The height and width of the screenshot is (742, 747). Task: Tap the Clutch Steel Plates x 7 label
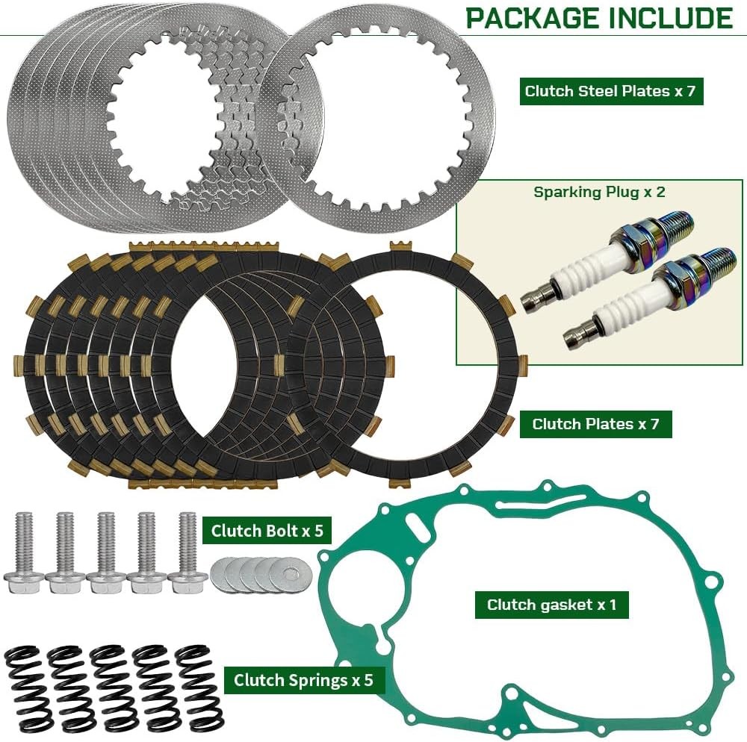point(611,91)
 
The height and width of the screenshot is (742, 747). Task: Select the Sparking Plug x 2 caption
point(599,193)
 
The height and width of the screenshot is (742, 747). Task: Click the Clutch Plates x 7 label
point(595,423)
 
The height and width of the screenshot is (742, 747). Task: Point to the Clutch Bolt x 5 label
point(267,530)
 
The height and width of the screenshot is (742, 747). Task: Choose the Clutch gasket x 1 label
point(552,605)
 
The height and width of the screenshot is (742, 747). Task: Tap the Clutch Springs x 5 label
point(303,679)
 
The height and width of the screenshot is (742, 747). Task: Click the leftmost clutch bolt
point(24,552)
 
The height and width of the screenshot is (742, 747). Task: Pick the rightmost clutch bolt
point(187,552)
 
